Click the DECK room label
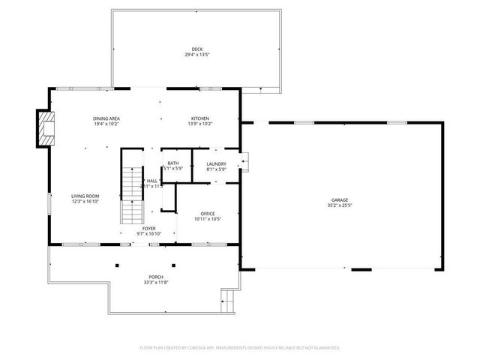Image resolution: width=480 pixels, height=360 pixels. click(196, 50)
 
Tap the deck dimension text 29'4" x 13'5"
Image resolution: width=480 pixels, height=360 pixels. click(196, 55)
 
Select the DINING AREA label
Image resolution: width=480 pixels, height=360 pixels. click(106, 118)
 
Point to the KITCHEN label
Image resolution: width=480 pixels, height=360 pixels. click(201, 118)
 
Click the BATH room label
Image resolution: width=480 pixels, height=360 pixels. click(173, 163)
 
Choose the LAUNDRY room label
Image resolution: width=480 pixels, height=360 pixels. click(216, 163)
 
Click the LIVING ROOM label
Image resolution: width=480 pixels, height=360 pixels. click(85, 196)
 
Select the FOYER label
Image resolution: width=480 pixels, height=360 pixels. click(149, 228)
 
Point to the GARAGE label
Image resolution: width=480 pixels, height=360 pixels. click(340, 199)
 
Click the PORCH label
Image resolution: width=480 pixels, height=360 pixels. click(156, 277)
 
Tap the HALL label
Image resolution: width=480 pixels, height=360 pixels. click(152, 181)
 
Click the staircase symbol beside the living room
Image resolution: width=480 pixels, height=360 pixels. click(133, 195)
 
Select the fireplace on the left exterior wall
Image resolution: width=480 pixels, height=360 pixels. click(47, 128)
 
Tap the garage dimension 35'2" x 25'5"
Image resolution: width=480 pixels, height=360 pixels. click(340, 205)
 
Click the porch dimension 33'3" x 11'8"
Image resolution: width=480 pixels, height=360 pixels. click(156, 282)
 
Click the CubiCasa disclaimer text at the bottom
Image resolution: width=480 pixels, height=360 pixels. click(240, 348)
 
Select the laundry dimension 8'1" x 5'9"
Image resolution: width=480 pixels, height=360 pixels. click(216, 169)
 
